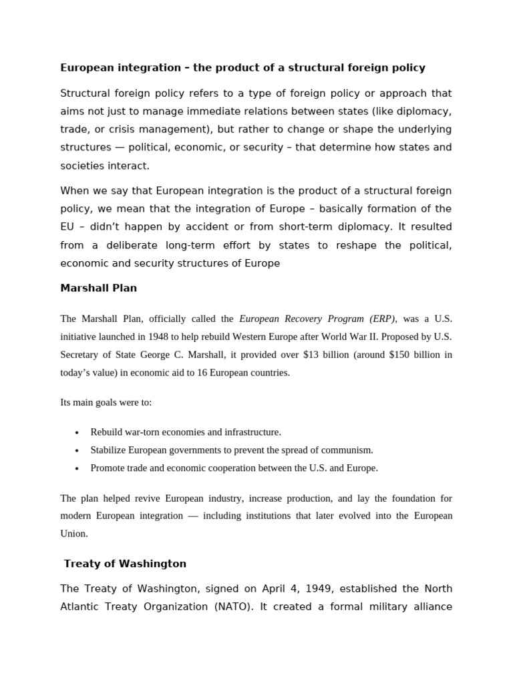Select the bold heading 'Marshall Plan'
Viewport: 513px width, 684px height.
click(x=98, y=289)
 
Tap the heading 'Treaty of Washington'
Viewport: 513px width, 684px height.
click(x=125, y=564)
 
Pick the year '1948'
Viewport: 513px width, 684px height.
click(x=166, y=337)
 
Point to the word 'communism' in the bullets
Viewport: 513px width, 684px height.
click(x=351, y=450)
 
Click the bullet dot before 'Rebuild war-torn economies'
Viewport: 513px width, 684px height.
click(x=77, y=433)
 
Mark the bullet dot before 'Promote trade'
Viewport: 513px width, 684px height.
click(x=77, y=469)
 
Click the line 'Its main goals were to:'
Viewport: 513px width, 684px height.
click(x=106, y=402)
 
